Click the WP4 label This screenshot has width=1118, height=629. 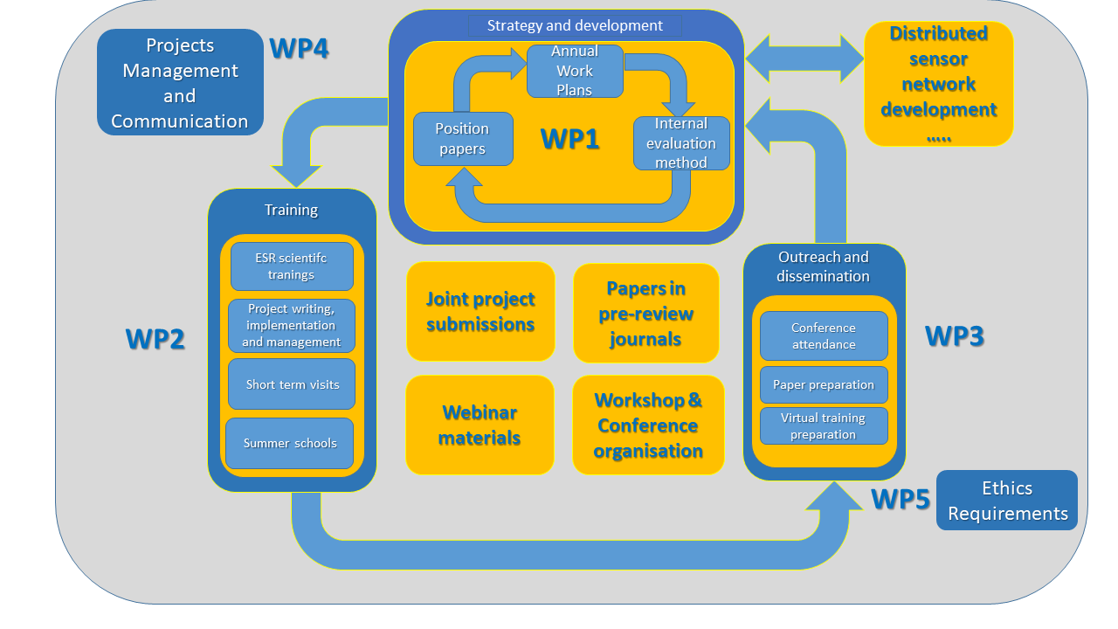click(x=299, y=48)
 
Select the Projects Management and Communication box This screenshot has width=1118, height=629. click(x=180, y=83)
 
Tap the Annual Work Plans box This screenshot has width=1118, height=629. click(x=575, y=72)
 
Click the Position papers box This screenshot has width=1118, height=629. click(x=463, y=139)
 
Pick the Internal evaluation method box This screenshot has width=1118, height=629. click(x=681, y=143)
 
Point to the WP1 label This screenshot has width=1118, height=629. click(x=569, y=139)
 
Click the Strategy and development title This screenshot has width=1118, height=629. click(x=575, y=25)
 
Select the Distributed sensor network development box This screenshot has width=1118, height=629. click(x=939, y=84)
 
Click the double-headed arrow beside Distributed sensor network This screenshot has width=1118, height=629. click(x=804, y=59)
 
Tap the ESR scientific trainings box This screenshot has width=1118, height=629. click(x=292, y=266)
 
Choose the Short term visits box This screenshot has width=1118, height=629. click(x=292, y=384)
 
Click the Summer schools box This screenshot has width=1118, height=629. click(x=290, y=443)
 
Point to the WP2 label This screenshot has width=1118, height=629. click(x=155, y=339)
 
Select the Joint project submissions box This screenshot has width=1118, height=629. click(x=480, y=312)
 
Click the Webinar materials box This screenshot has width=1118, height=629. click(x=480, y=425)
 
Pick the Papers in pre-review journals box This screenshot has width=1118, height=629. click(x=646, y=314)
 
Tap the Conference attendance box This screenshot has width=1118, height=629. click(x=824, y=336)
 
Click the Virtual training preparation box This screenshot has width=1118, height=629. click(x=824, y=426)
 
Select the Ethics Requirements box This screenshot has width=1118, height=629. click(x=1007, y=501)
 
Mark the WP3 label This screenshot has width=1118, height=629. click(x=954, y=336)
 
